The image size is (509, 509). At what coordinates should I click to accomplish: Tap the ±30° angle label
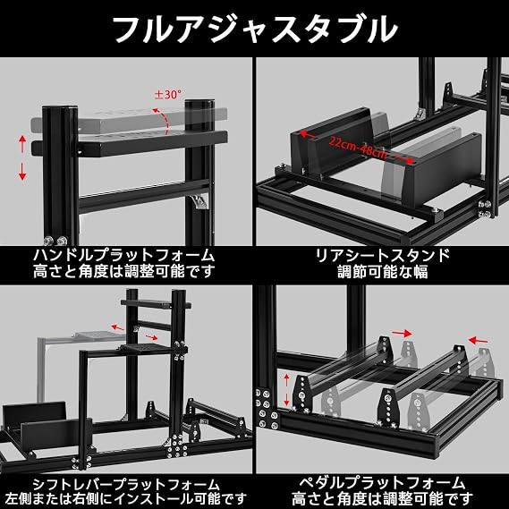point(168,95)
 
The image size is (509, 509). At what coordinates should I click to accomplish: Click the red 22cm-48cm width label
point(358,148)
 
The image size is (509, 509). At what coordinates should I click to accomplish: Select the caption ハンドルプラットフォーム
point(123,255)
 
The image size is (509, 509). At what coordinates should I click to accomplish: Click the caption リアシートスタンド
point(383,255)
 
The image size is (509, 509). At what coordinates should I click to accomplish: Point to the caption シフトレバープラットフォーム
point(126,485)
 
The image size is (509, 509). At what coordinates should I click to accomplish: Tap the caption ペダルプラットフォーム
point(382,483)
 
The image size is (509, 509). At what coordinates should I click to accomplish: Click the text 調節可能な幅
point(383,271)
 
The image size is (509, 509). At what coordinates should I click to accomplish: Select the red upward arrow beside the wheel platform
point(22,144)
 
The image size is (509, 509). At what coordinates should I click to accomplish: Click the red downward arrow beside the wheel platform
point(22,172)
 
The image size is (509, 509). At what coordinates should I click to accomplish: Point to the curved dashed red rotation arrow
point(164,120)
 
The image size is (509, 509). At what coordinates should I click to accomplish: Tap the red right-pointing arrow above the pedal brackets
point(402,333)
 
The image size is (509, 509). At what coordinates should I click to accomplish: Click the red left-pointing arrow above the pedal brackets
point(478,340)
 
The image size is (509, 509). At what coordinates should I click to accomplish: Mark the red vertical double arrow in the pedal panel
point(286,389)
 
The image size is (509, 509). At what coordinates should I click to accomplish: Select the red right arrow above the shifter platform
point(151,337)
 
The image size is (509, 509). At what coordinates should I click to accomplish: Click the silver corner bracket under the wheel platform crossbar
point(199,202)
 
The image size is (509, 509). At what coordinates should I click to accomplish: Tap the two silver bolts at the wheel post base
point(55,241)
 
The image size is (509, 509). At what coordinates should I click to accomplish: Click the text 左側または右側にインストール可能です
point(126,499)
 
